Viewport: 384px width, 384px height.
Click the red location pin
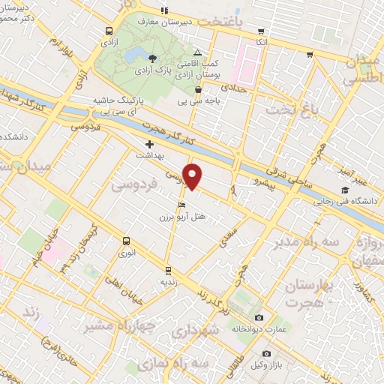click(x=193, y=177)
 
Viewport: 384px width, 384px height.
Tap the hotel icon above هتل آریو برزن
click(x=181, y=205)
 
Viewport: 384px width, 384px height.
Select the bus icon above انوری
click(x=125, y=241)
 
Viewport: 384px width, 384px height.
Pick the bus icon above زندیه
click(x=168, y=269)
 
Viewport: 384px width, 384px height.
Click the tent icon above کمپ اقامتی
click(x=197, y=52)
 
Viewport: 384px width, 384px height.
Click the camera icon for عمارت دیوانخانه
click(x=259, y=317)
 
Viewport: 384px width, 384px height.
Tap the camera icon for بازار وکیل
click(x=265, y=353)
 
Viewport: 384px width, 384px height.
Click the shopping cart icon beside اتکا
click(x=261, y=31)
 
